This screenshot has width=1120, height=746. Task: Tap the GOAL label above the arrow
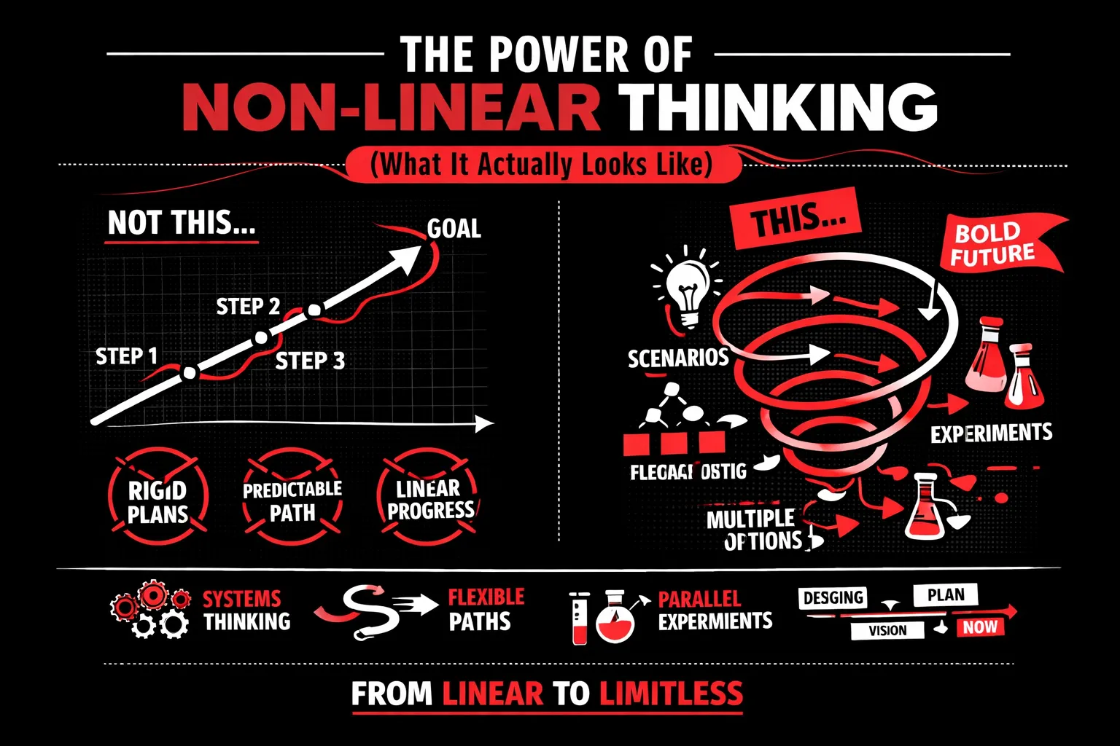454,229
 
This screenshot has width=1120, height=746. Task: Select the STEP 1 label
127,356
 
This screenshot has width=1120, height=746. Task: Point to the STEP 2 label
248,307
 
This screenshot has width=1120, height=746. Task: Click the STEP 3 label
310,361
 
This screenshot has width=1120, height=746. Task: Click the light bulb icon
686,288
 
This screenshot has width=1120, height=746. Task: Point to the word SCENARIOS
678,358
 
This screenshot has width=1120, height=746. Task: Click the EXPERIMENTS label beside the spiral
991,434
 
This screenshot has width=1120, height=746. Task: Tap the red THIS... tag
797,218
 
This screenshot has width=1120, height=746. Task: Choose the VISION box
887,630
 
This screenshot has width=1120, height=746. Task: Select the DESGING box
833,598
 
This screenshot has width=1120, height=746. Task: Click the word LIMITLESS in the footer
671,694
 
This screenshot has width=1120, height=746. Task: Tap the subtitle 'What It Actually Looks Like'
540,165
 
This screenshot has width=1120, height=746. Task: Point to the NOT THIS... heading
182,223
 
